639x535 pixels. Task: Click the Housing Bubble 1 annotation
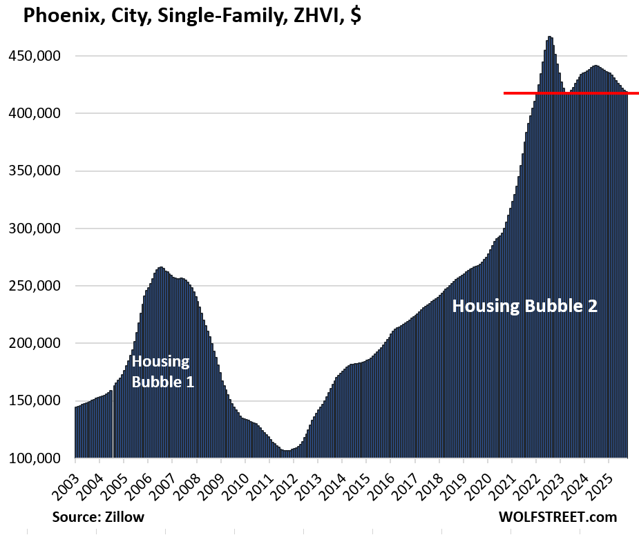point(162,371)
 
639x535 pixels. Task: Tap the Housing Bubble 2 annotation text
point(524,307)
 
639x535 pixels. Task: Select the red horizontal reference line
point(571,93)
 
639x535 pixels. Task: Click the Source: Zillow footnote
point(98,516)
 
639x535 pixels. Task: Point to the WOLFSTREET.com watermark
point(557,516)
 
